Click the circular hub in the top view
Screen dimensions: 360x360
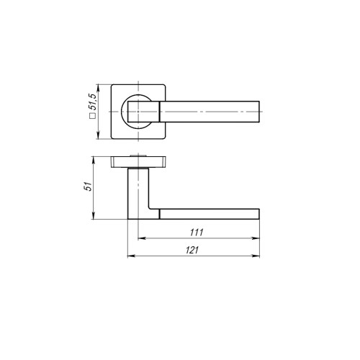[x=137, y=113]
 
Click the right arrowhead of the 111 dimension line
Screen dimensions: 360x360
[x=258, y=238]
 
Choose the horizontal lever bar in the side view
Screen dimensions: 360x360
[x=209, y=213]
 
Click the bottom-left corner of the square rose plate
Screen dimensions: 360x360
[x=112, y=138]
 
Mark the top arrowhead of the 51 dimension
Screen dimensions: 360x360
[x=96, y=160]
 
